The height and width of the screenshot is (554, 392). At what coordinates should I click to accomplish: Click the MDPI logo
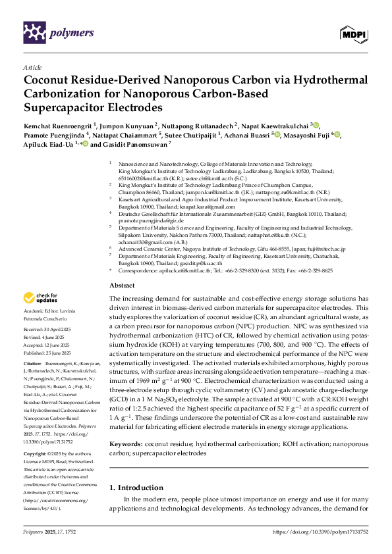coord(353,32)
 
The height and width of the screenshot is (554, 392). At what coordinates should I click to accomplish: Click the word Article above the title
coord(32,67)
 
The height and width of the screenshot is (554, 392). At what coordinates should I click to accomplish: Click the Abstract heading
coord(121,286)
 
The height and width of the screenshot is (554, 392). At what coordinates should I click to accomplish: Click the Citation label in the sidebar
coord(32,363)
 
